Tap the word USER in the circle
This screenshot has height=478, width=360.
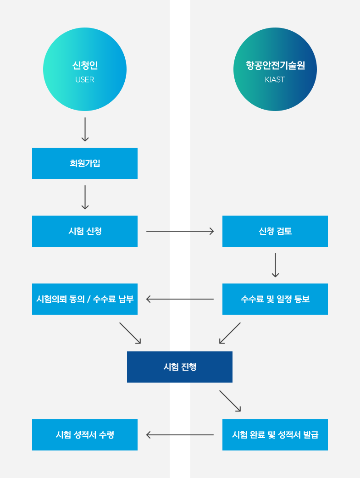point(85,80)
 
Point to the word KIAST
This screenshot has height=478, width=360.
point(275,80)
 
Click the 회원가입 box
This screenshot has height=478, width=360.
point(85,163)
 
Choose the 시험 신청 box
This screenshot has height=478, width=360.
point(85,231)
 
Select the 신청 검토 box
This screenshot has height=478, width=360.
point(275,231)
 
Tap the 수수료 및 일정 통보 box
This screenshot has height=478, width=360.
point(275,299)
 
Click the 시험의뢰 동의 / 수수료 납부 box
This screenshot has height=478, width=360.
point(85,299)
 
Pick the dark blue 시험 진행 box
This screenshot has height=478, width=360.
point(180,367)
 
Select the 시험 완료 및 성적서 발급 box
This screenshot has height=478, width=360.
point(275,435)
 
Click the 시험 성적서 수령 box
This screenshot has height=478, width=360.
point(85,435)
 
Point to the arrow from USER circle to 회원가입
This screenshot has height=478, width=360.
point(85,129)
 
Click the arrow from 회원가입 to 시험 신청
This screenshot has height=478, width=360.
point(85,197)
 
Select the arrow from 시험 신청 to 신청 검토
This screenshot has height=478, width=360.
point(180,231)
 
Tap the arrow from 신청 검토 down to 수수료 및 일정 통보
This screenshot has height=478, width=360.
point(275,265)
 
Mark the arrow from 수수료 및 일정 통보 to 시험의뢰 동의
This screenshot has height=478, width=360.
point(180,299)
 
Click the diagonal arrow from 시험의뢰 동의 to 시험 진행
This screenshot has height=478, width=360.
point(130,333)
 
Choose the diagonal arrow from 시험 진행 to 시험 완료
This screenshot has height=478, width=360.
point(230,401)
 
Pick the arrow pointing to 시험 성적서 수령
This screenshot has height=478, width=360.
point(180,435)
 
